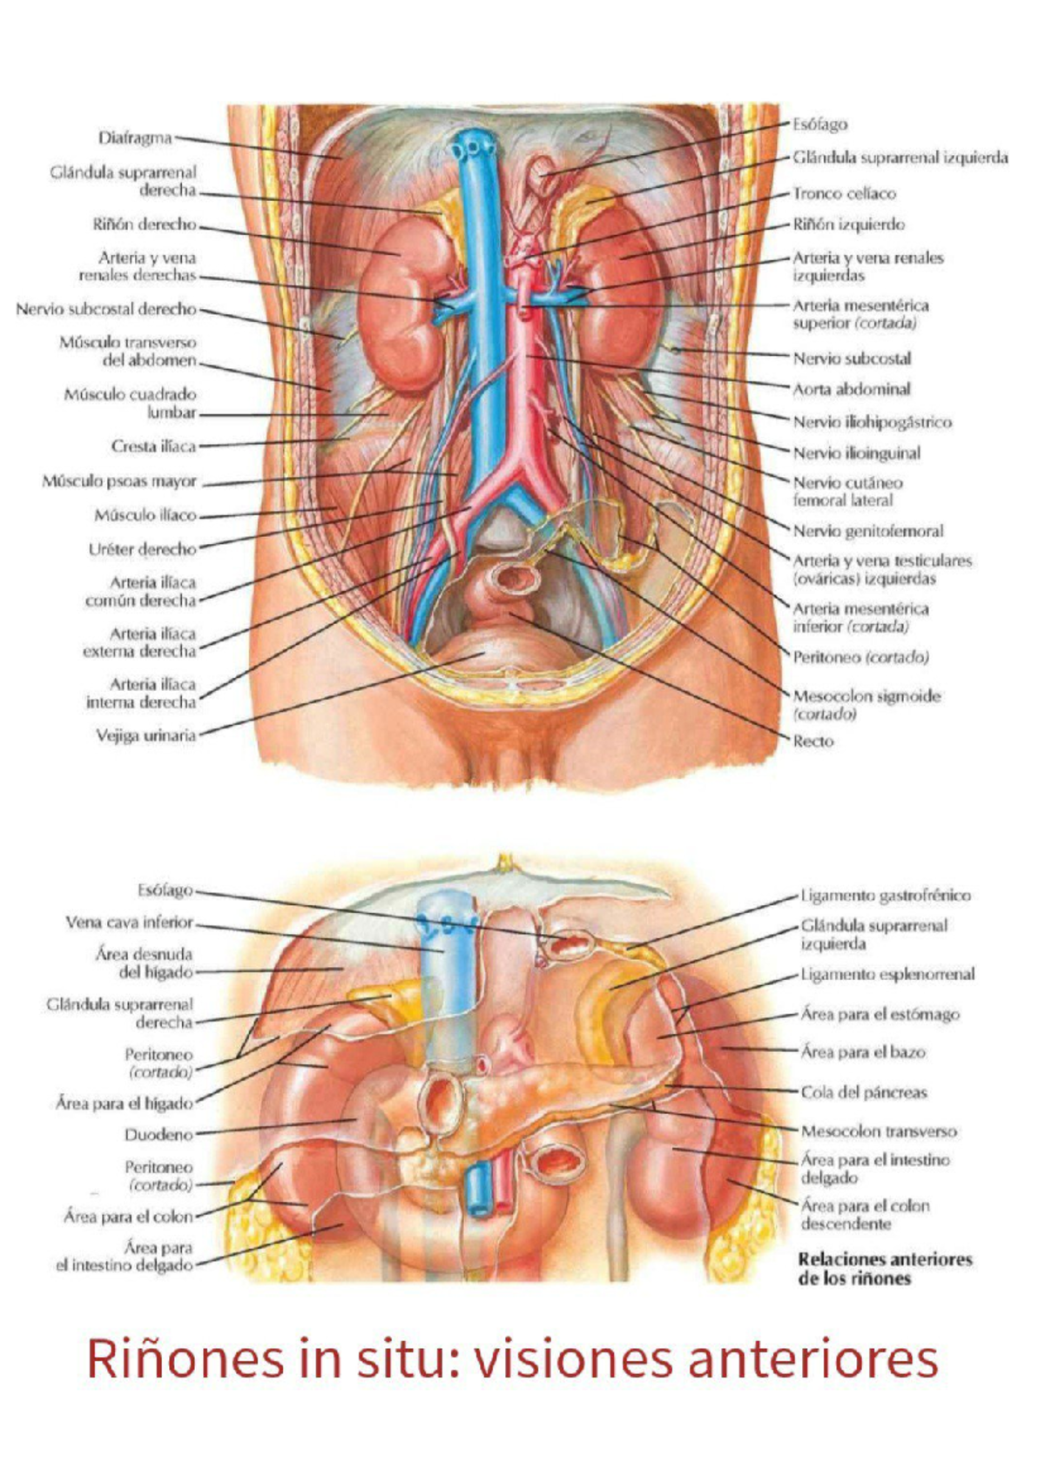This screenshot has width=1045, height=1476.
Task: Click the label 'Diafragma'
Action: click(135, 138)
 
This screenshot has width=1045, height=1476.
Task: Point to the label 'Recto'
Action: click(813, 741)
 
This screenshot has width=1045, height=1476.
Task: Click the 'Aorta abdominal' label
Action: click(851, 389)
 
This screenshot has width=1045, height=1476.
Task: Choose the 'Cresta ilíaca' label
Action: click(153, 446)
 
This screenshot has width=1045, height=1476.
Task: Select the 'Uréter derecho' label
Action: click(143, 549)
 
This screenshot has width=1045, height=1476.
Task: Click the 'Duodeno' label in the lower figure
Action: click(158, 1135)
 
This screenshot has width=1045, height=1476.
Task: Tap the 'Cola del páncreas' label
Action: click(864, 1092)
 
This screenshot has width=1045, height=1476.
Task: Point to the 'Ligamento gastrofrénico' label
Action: click(886, 896)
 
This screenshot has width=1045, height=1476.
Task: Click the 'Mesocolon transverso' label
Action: click(878, 1131)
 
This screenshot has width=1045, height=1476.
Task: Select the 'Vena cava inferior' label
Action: click(129, 922)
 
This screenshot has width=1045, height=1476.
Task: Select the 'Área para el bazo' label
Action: click(863, 1052)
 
